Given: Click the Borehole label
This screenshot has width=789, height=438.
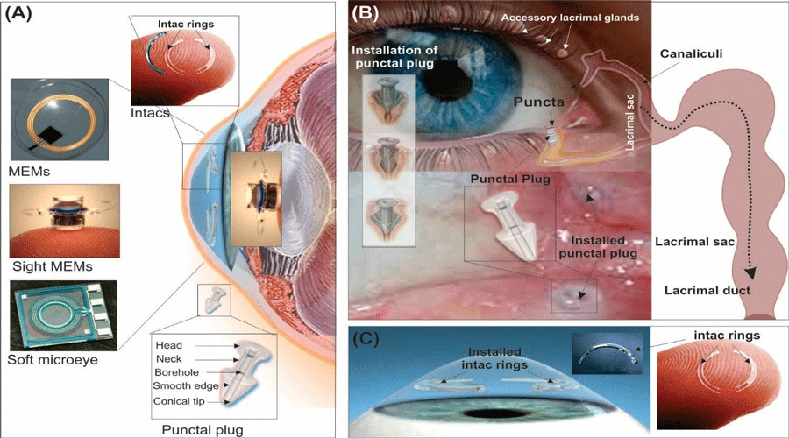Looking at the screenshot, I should pos(178,371).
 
